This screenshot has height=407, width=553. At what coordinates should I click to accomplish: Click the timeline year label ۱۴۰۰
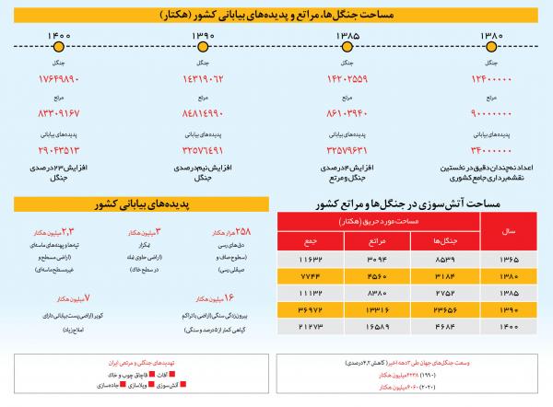point(56,35)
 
